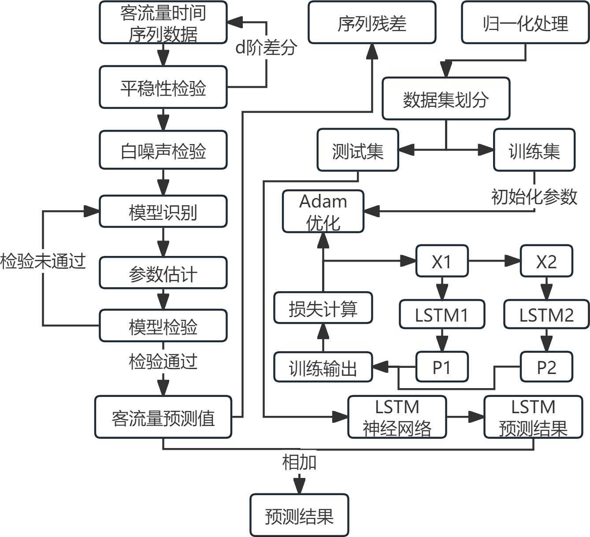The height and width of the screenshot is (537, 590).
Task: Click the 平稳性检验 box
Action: coord(163,87)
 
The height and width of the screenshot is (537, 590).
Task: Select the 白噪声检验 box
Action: coord(163,150)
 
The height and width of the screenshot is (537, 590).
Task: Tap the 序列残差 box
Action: coord(372,22)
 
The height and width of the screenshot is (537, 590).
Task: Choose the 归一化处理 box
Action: coord(525,22)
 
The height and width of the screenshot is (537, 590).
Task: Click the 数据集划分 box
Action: coord(446,99)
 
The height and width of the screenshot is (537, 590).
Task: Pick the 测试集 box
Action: coord(358,150)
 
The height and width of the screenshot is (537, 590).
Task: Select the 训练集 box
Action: coord(534,150)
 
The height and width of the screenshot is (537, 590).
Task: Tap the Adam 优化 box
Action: coord(323,211)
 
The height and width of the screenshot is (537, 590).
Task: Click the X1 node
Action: coord(442,261)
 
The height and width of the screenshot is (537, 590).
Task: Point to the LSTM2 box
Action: coord(546,315)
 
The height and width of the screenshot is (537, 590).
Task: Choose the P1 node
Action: coord(442,367)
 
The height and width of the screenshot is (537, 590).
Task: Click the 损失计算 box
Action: coord(323,308)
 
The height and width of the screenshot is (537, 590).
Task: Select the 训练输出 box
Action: coord(323,367)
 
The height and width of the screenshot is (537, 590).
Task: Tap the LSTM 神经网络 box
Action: coord(397,417)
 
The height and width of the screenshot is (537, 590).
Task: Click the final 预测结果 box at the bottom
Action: coord(299,515)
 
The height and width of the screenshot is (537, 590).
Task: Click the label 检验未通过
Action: coord(42,261)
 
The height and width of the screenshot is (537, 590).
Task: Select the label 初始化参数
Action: coord(534,196)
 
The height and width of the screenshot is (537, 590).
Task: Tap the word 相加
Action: coord(299,462)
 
